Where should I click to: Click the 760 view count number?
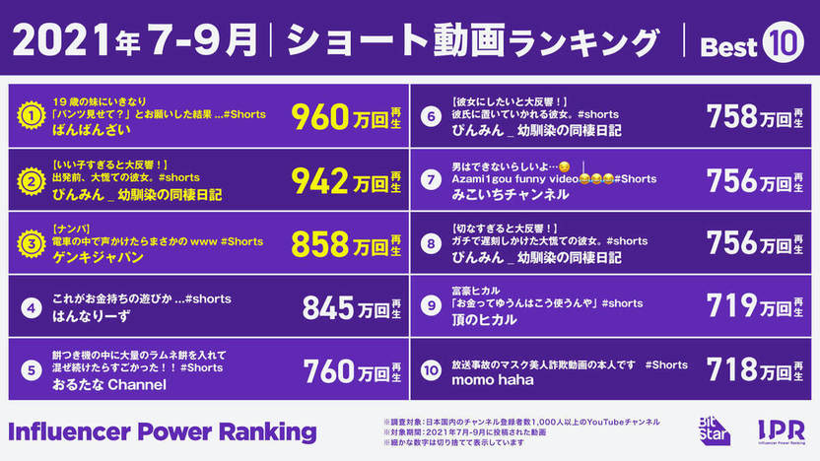[x=329, y=371]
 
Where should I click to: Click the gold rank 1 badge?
[x=31, y=117]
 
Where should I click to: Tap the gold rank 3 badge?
[x=31, y=244]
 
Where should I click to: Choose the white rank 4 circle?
[x=31, y=308]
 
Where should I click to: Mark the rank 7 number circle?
[x=430, y=179]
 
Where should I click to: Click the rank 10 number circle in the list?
[x=430, y=371]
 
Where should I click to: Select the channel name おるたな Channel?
[x=108, y=383]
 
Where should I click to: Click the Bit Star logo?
[x=713, y=429]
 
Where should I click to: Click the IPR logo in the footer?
[x=781, y=429]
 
